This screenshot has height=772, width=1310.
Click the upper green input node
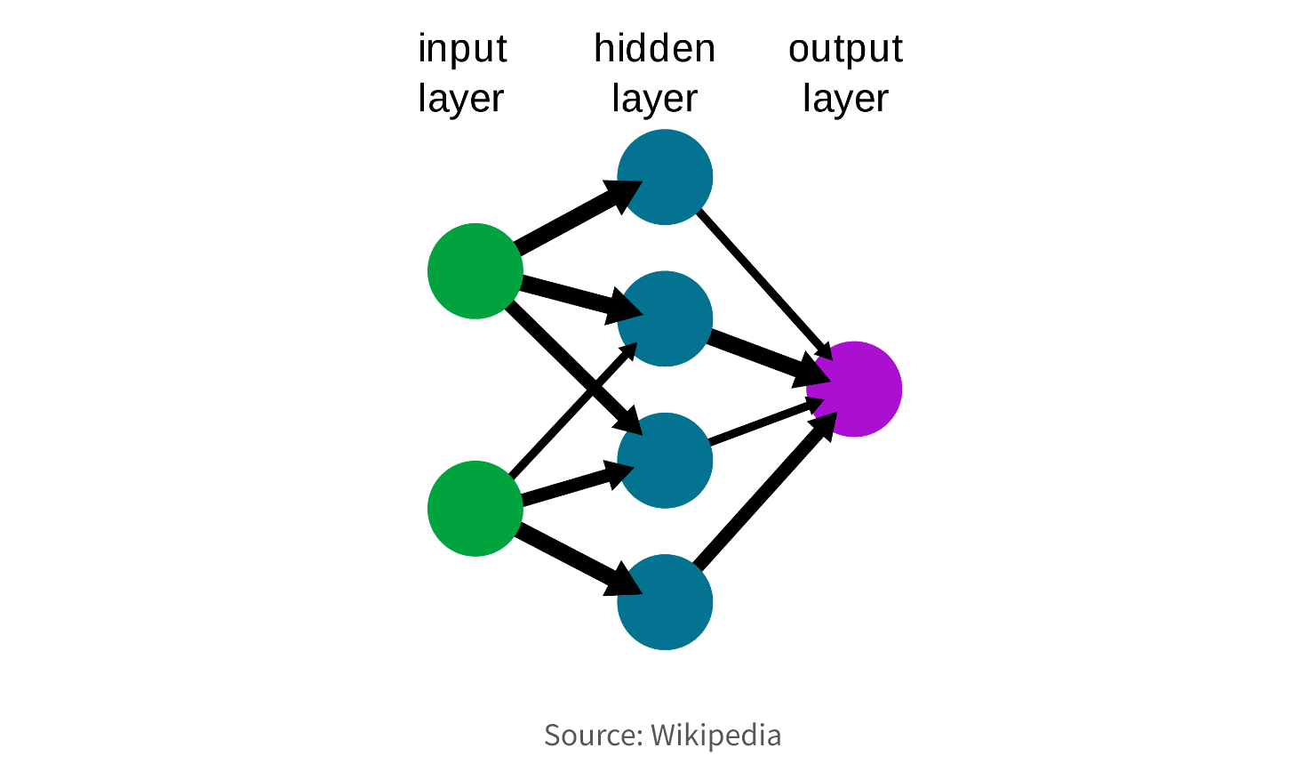click(475, 271)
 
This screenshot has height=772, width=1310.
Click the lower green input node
click(475, 509)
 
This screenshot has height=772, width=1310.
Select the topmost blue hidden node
click(665, 177)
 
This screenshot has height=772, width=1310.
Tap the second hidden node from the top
click(665, 318)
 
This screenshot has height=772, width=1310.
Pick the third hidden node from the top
click(665, 461)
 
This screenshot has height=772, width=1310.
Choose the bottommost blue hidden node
click(665, 602)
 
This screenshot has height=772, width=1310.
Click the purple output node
click(854, 390)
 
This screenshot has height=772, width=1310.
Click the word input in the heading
click(462, 49)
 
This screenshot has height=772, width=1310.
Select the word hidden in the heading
click(654, 48)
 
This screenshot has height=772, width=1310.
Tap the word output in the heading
click(846, 49)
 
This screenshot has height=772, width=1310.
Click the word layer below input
click(461, 99)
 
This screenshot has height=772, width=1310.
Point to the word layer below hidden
click(654, 99)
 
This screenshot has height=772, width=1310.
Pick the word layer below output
click(846, 99)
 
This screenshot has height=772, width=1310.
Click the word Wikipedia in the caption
click(715, 736)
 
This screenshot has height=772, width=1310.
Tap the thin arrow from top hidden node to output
click(764, 285)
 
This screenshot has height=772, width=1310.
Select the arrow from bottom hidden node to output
click(765, 489)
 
